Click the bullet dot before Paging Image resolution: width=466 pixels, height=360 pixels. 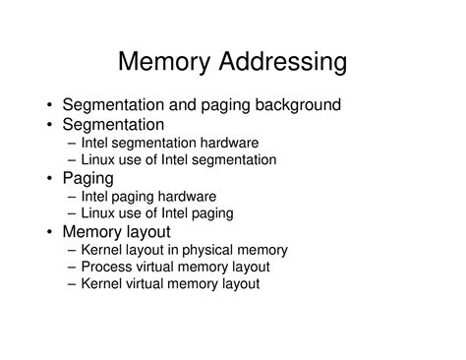50,178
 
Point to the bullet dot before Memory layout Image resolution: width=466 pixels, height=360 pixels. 50,232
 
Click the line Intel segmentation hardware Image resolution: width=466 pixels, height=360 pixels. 173,142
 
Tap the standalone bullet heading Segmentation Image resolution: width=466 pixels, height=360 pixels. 113,124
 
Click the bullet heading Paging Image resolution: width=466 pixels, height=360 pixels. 88,178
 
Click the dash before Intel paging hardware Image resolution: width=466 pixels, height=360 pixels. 74,196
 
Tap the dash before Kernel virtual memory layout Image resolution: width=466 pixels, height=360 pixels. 74,284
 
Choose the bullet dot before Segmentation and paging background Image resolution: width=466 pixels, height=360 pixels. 50,104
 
